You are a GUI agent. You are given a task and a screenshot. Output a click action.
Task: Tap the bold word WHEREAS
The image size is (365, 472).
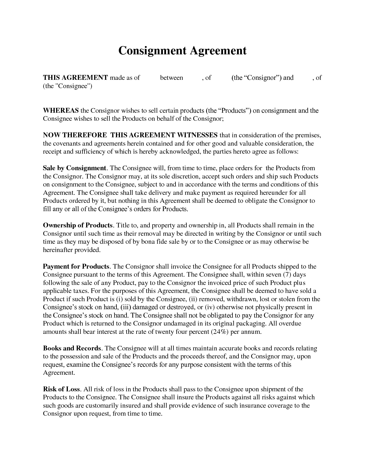(61, 111)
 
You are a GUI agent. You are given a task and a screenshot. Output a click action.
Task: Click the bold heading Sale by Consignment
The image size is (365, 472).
(74, 168)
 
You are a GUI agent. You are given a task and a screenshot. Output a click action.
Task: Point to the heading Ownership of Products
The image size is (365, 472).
(78, 225)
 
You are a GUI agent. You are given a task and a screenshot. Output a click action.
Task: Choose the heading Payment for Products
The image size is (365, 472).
(76, 267)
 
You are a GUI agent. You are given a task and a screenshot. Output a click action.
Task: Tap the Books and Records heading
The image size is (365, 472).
(72, 348)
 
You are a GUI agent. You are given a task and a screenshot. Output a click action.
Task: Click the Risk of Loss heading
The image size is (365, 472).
(62, 389)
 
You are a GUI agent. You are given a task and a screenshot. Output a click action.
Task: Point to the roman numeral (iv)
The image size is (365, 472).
(210, 308)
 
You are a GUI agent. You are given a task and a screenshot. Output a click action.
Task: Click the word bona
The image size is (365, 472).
(148, 242)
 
